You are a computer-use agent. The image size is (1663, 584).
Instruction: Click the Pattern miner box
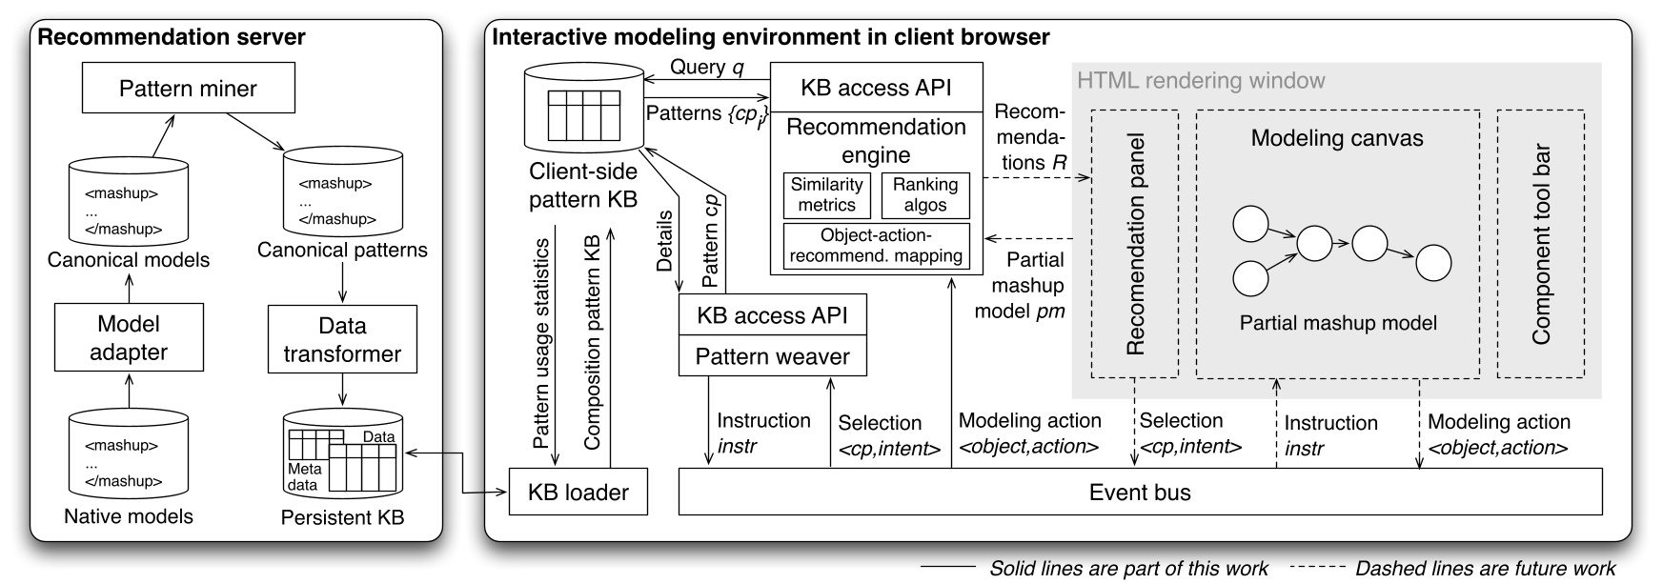tap(188, 89)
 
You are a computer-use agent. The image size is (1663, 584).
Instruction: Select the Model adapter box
tap(129, 338)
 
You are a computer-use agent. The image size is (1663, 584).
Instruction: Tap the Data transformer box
tap(342, 339)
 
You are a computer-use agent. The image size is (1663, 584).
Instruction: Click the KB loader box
tap(578, 492)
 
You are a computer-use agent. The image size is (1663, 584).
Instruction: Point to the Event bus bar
tap(1140, 492)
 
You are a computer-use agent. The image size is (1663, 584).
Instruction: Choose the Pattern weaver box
tap(773, 356)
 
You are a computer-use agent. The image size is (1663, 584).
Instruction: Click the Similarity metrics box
tap(827, 195)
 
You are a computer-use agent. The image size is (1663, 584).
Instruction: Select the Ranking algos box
tap(925, 195)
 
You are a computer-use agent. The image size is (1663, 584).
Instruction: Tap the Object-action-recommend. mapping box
tap(876, 246)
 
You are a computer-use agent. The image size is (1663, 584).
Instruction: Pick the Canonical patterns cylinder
tap(342, 191)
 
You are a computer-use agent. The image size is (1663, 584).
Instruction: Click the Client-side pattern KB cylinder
tap(584, 109)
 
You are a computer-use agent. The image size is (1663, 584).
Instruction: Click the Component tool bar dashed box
tap(1541, 244)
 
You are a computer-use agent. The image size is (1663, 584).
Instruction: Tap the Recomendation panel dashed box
tap(1135, 244)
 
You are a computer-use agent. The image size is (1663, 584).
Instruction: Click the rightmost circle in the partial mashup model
tap(1433, 263)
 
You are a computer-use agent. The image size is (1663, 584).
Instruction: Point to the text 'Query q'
tap(706, 67)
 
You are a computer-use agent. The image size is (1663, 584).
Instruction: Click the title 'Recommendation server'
tap(172, 37)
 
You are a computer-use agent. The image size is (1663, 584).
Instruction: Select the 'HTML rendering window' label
tap(1201, 80)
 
